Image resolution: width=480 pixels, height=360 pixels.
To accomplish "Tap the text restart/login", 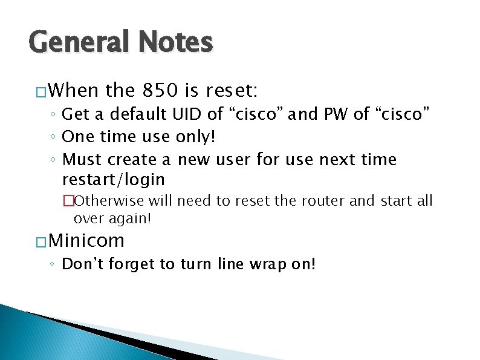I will coord(114,180).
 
